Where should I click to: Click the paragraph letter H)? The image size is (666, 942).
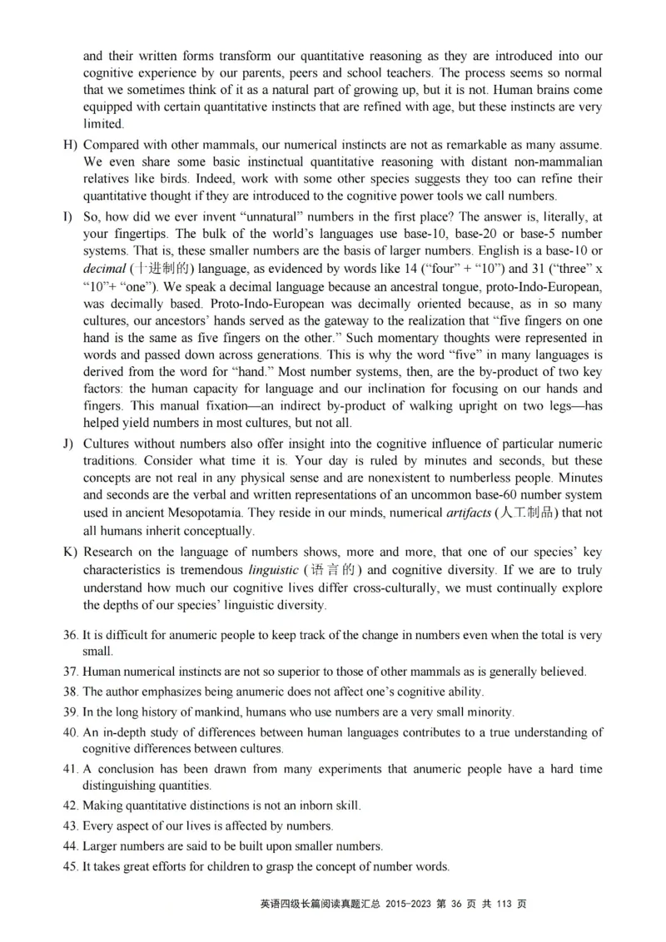[69, 145]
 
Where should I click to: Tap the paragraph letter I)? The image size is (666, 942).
[67, 216]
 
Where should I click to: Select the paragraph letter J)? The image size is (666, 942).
[68, 444]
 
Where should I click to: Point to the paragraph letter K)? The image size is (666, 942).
[69, 552]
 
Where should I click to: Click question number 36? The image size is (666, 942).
[71, 635]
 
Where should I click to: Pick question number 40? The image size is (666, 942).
[71, 732]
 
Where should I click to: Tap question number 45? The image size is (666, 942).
[71, 866]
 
